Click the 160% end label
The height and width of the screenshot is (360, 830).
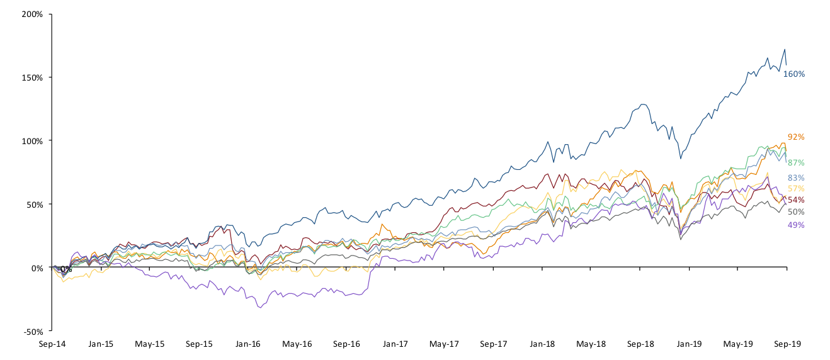[793, 74]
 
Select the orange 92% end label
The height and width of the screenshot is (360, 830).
[796, 137]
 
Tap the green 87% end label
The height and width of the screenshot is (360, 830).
[796, 162]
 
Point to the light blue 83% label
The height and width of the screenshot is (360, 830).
[796, 177]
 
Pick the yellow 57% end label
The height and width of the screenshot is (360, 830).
[796, 189]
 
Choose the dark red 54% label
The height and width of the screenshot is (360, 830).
[796, 200]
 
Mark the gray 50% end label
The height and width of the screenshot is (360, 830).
[796, 212]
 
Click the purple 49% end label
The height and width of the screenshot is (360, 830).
[796, 225]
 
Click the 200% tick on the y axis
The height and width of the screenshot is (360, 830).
[32, 14]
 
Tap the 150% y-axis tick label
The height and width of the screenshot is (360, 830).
[32, 77]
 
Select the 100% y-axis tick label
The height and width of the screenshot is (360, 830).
[32, 141]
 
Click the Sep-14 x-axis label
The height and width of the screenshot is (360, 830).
[52, 344]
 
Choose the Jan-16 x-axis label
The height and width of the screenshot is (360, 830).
[248, 344]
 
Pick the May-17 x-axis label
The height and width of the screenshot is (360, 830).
[444, 344]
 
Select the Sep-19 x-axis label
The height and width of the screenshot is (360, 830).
[787, 344]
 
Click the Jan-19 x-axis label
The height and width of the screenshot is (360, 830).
[689, 344]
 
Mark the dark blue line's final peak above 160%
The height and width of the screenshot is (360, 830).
[784, 50]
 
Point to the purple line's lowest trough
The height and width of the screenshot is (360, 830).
[259, 308]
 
